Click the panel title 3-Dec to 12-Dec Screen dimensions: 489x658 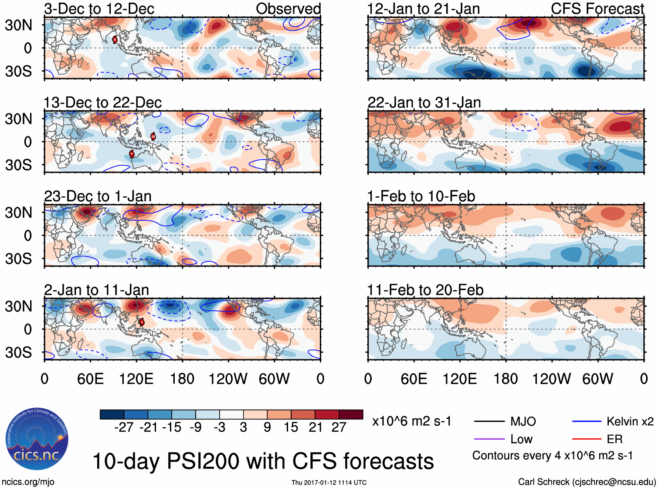[x=99, y=9]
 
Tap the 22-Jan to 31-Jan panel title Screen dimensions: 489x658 [x=424, y=103]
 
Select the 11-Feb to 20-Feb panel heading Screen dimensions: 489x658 [x=425, y=290]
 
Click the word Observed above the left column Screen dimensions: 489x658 [x=288, y=9]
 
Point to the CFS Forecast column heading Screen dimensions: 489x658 [x=597, y=9]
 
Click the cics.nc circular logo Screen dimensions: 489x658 [x=37, y=440]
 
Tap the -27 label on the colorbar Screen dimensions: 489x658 [x=124, y=427]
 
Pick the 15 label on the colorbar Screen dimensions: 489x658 [x=291, y=427]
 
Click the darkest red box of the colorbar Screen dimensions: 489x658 [x=351, y=414]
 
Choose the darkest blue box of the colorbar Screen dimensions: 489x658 [x=112, y=414]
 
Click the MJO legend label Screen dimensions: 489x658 [x=523, y=421]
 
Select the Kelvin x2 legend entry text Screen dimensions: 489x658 [x=630, y=421]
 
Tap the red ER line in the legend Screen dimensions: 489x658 [x=587, y=439]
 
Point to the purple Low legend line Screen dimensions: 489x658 [x=489, y=439]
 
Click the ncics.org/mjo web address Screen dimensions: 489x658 [x=28, y=482]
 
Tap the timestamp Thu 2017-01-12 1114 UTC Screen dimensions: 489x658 [x=329, y=482]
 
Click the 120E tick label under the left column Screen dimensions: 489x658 [x=136, y=379]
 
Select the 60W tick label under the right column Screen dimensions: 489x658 [x=597, y=379]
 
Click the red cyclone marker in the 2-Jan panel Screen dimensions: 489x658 [x=142, y=322]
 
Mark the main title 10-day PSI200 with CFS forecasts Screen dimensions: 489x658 [x=263, y=461]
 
